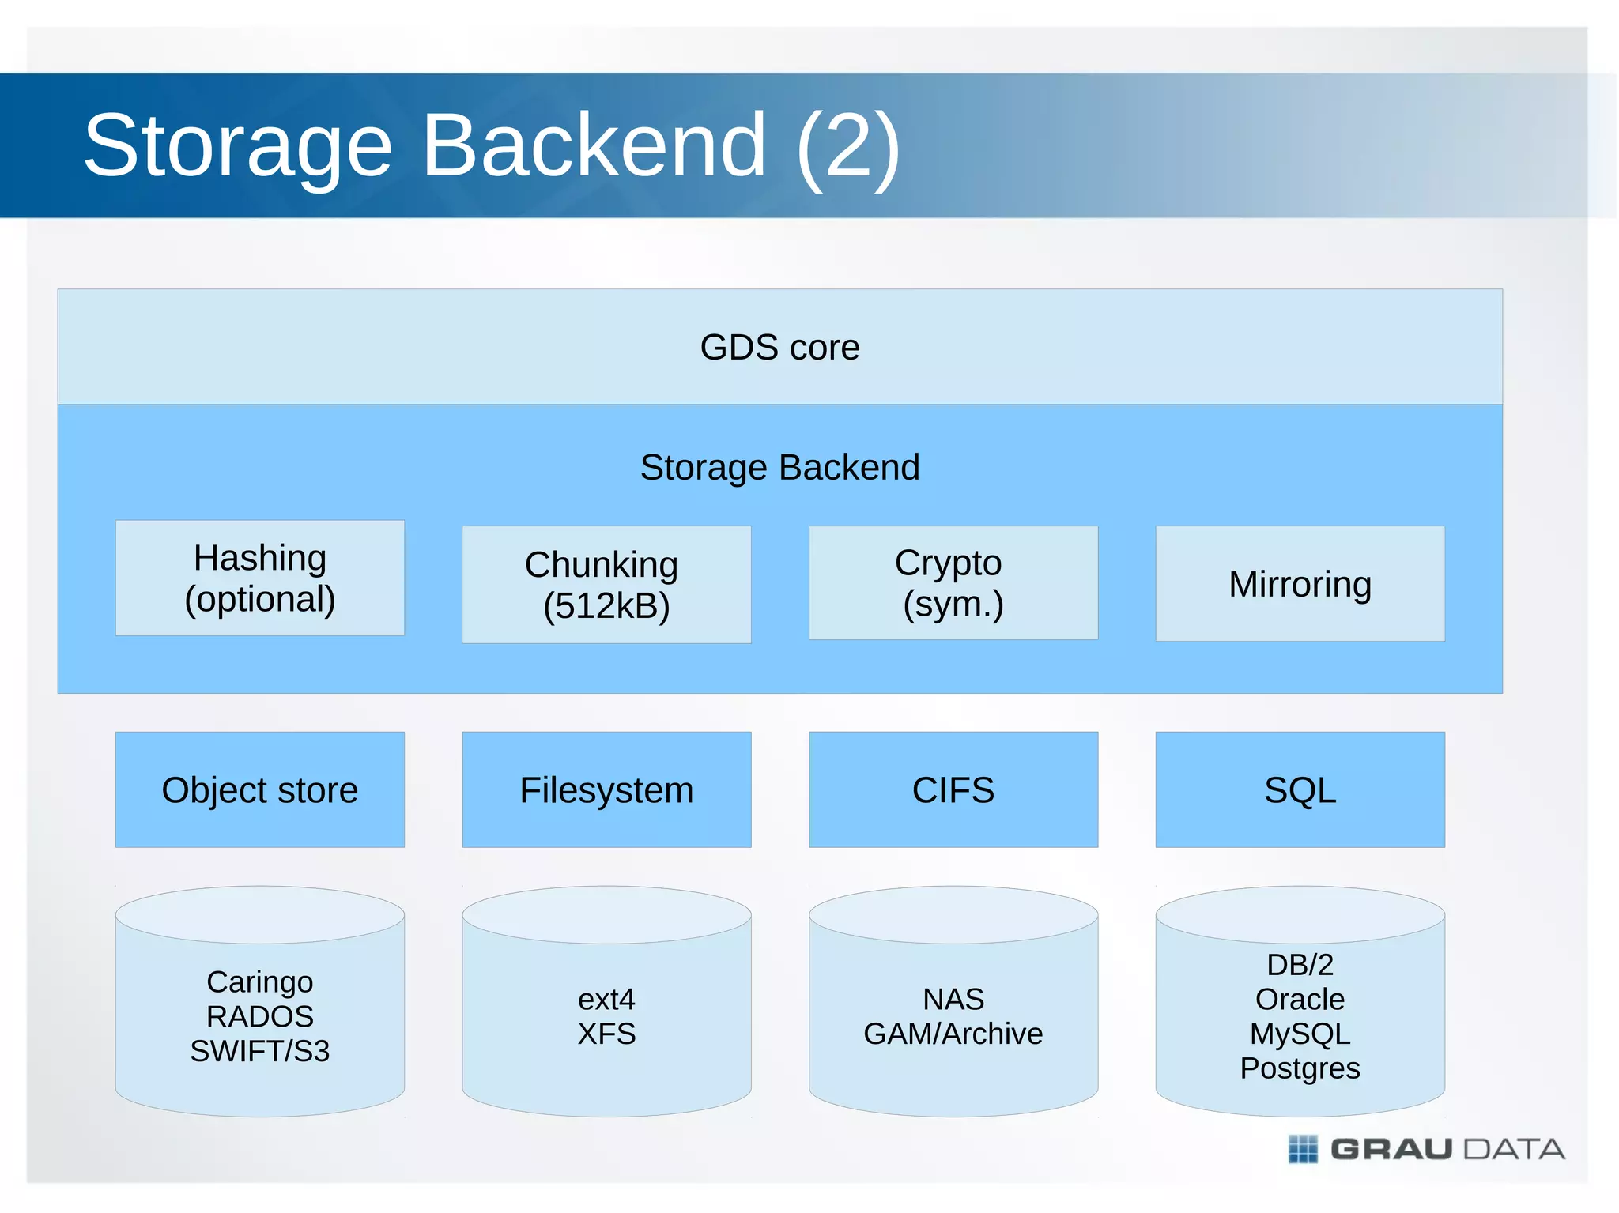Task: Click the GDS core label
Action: [x=779, y=348]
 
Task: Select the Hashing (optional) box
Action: [x=259, y=578]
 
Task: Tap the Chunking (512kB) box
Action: [x=606, y=585]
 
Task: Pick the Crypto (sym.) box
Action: [x=953, y=582]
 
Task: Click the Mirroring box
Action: [x=1300, y=584]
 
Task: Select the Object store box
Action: [x=259, y=789]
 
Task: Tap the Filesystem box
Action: [x=606, y=789]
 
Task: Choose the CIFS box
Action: [x=953, y=789]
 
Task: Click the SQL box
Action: [x=1300, y=789]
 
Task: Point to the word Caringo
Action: [x=259, y=981]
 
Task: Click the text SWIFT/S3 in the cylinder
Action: [x=259, y=1051]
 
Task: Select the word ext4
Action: [x=606, y=1000]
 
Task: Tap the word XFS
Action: [x=606, y=1034]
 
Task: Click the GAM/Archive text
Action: [x=953, y=1034]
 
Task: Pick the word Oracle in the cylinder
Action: [x=1300, y=1000]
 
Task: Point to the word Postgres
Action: [x=1300, y=1068]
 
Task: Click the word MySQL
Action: [x=1300, y=1034]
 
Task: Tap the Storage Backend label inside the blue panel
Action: [x=779, y=467]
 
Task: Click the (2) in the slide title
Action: [x=847, y=146]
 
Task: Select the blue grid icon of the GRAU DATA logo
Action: [x=1303, y=1149]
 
